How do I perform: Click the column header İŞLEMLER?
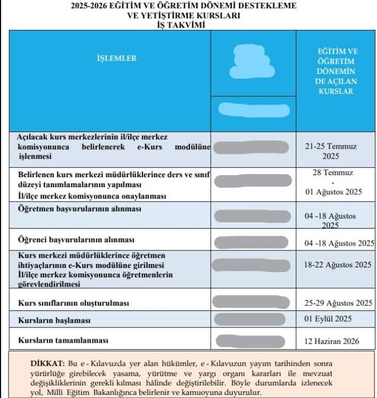[x=117, y=58]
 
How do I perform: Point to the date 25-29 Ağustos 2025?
[x=338, y=303]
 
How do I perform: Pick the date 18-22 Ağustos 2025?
[x=338, y=264]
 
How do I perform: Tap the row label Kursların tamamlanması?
[x=63, y=340]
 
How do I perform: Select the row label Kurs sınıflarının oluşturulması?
[x=74, y=302]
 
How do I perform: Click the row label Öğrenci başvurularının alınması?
[x=76, y=240]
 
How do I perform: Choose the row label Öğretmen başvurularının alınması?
[x=79, y=209]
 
